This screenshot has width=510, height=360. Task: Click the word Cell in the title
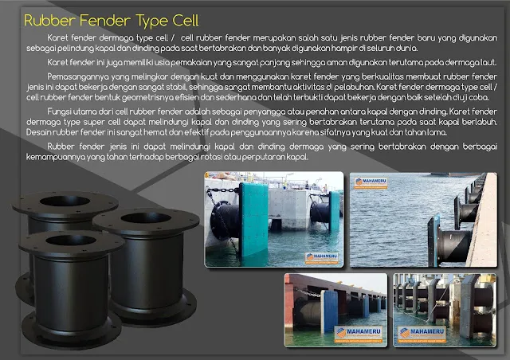point(182,19)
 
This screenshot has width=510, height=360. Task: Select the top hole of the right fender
point(145,217)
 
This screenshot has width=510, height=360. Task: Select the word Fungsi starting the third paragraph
point(61,111)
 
